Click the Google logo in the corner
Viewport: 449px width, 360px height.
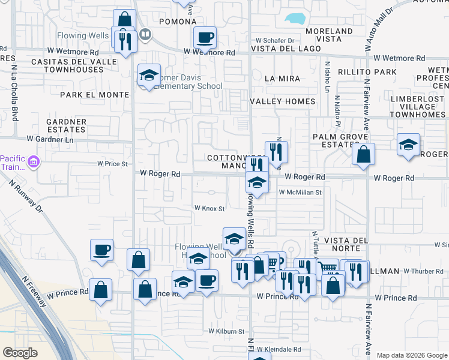click(20, 353)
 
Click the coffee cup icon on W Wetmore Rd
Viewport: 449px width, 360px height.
click(205, 38)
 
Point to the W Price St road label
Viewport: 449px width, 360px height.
click(113, 163)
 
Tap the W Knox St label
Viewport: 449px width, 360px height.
click(208, 209)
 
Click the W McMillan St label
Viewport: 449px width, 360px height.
click(301, 193)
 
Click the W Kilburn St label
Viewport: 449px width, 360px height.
click(226, 331)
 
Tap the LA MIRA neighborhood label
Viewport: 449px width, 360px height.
click(282, 78)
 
